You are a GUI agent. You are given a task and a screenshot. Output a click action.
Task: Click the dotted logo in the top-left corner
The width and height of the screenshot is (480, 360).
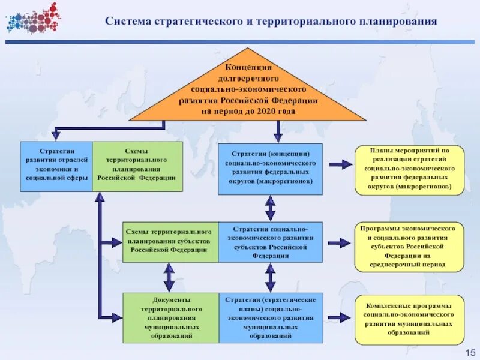[34, 17]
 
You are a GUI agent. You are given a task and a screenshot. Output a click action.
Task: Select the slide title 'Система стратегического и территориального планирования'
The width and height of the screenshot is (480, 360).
[271, 22]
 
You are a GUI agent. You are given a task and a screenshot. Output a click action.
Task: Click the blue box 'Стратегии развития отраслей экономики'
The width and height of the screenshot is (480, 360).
[56, 166]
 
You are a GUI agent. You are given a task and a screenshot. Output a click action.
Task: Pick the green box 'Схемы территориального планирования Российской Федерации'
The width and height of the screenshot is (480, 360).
[137, 166]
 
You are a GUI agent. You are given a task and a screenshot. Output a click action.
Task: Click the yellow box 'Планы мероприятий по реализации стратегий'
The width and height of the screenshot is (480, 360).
[409, 170]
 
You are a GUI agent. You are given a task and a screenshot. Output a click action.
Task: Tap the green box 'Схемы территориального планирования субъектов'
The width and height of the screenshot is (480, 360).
[170, 242]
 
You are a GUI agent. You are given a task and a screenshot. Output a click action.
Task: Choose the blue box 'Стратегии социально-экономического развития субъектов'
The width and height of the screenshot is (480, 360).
[270, 242]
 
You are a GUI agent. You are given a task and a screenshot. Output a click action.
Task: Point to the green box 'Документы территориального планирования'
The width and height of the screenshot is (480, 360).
[170, 317]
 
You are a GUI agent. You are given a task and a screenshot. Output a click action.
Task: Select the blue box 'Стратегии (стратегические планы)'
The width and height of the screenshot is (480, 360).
[271, 317]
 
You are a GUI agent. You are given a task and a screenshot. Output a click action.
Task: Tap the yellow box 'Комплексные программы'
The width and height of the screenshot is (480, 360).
[409, 319]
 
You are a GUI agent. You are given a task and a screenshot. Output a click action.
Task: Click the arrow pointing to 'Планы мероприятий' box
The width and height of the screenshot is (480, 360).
[339, 163]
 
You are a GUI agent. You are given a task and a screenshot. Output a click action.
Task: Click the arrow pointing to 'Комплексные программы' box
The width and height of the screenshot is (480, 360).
[339, 316]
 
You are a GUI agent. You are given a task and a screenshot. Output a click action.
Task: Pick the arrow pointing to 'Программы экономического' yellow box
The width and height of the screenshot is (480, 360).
[339, 243]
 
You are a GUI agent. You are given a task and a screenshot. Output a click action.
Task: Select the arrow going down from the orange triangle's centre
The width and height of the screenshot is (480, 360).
[277, 131]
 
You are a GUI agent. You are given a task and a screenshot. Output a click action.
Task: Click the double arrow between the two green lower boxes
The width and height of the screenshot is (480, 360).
[169, 277]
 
